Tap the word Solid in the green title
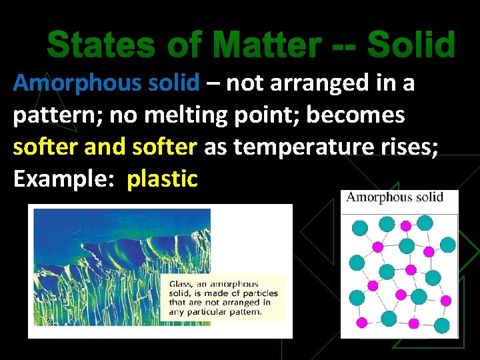click(411, 46)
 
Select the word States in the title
click(97, 46)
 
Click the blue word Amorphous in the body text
click(71, 83)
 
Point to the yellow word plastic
click(162, 179)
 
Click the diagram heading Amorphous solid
click(395, 197)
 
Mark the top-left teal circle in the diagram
click(358, 228)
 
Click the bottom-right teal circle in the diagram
click(441, 325)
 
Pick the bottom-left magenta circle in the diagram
click(363, 323)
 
